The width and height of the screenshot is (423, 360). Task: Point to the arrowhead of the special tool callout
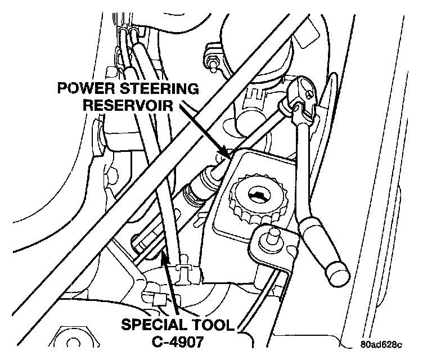point(164,256)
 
